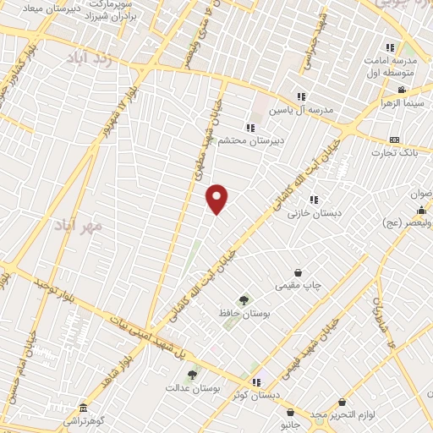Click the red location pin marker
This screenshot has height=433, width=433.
pyautogui.click(x=217, y=199)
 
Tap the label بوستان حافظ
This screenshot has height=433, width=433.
pyautogui.click(x=244, y=314)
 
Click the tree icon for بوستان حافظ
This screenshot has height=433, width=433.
pyautogui.click(x=244, y=300)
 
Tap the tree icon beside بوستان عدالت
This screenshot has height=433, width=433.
pyautogui.click(x=192, y=374)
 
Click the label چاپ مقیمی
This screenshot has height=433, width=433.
pyautogui.click(x=298, y=286)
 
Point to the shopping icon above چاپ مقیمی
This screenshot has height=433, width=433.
pyautogui.click(x=298, y=272)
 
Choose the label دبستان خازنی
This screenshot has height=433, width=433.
pyautogui.click(x=314, y=214)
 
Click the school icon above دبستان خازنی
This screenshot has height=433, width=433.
pyautogui.click(x=314, y=200)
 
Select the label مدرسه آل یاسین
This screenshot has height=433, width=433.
pyautogui.click(x=302, y=110)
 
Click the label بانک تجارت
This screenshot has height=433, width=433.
pyautogui.click(x=394, y=153)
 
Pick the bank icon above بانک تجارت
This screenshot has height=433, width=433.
pyautogui.click(x=394, y=140)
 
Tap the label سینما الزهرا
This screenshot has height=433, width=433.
pyautogui.click(x=402, y=104)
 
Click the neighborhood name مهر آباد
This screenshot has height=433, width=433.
pyautogui.click(x=79, y=227)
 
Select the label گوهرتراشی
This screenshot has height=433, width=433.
pyautogui.click(x=82, y=419)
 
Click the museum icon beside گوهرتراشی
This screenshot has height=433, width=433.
pyautogui.click(x=82, y=406)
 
